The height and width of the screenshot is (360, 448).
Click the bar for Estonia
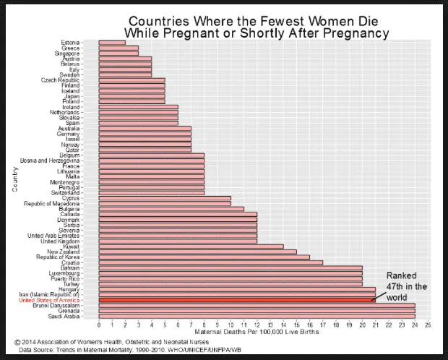point(112,43)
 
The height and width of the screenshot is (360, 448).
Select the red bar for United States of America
point(237,299)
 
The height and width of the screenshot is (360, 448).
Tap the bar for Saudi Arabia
point(257,316)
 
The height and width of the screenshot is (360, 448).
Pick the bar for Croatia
point(210,262)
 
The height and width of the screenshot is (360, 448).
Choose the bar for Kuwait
point(191,246)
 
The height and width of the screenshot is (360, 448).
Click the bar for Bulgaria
point(171,208)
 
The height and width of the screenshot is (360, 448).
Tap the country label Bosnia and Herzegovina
point(50,160)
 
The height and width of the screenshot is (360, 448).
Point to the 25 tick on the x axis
point(428,325)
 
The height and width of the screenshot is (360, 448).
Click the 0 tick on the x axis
point(99,325)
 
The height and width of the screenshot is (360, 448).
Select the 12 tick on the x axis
point(257,325)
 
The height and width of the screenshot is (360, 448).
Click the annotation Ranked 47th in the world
point(406,286)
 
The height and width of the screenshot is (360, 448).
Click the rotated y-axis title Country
point(14,179)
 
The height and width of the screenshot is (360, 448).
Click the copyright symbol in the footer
point(19,341)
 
